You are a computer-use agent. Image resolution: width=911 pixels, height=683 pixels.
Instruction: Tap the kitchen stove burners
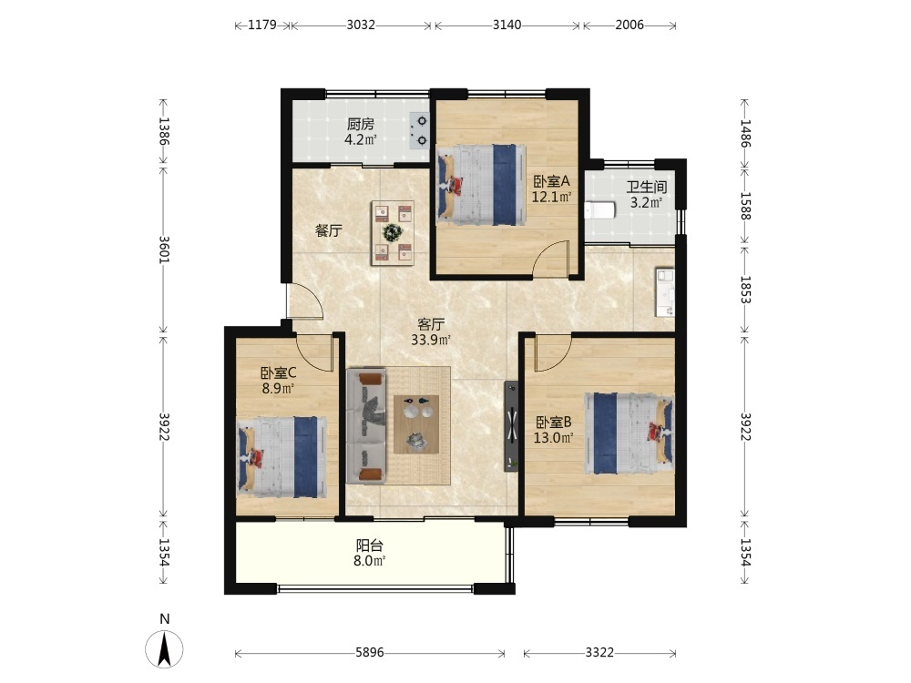(419, 130)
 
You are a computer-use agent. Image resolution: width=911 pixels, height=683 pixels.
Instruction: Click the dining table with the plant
(393, 233)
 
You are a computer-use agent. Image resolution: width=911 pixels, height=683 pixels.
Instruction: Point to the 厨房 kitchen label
(360, 124)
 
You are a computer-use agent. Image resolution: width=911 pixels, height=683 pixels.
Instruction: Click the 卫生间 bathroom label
(646, 187)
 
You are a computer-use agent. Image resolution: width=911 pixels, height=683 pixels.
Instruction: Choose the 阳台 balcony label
(370, 545)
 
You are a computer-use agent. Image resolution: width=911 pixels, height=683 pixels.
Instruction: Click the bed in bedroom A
(480, 185)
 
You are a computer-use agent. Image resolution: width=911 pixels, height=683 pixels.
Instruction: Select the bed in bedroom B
(630, 433)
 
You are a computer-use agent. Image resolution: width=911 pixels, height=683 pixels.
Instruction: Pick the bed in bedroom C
(282, 456)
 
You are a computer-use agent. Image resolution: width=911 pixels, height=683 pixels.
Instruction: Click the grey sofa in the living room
(366, 425)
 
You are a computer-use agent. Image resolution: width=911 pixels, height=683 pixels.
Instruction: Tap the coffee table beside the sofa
(416, 424)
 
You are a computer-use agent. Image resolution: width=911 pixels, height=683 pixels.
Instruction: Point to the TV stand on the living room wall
(511, 426)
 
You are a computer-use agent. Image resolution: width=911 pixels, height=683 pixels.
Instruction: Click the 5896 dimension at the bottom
(370, 653)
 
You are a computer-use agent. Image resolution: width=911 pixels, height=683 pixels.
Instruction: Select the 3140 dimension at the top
(507, 25)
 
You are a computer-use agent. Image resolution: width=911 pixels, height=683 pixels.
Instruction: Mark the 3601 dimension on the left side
(164, 250)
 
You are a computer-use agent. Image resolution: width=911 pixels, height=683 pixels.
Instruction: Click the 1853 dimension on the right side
(745, 290)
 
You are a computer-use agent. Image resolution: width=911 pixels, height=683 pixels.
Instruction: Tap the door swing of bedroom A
(550, 257)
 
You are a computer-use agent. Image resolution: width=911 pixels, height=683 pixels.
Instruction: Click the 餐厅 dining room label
(328, 230)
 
